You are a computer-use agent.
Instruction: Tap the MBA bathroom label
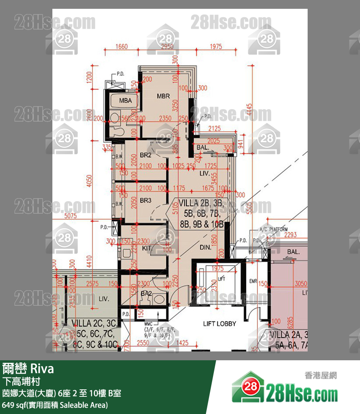pos(125,100)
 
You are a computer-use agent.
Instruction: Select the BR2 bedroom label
pos(146,155)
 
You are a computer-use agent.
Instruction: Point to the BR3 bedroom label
pos(146,200)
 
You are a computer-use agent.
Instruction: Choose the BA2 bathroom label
pos(146,293)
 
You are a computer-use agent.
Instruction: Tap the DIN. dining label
pos(205,248)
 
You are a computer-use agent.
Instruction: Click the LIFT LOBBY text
pos(220,324)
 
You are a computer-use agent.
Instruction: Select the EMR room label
pos(253,281)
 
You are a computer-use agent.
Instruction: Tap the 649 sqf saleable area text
pos(55,405)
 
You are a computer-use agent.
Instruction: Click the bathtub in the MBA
pos(125,101)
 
